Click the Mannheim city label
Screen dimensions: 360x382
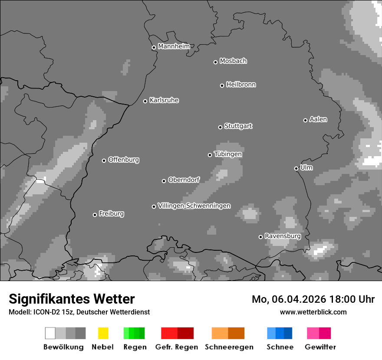pyautogui.click(x=174, y=46)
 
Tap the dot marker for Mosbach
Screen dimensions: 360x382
pyautogui.click(x=215, y=62)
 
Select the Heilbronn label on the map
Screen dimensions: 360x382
pyautogui.click(x=241, y=85)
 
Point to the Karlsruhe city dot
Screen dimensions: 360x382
pyautogui.click(x=145, y=101)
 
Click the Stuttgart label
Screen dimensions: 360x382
pyautogui.click(x=238, y=126)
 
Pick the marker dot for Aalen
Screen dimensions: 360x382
pyautogui.click(x=305, y=120)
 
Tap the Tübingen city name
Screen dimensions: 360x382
pyautogui.click(x=228, y=154)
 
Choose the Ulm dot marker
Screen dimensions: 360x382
pyautogui.click(x=296, y=168)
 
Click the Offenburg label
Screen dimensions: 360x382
pyautogui.click(x=124, y=160)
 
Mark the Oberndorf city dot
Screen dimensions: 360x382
pyautogui.click(x=164, y=181)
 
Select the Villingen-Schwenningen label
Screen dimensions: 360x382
pyautogui.click(x=194, y=206)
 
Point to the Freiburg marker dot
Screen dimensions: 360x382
pyautogui.click(x=95, y=215)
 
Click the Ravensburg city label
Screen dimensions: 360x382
pyautogui.click(x=283, y=236)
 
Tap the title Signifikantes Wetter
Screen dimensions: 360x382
pyautogui.click(x=72, y=299)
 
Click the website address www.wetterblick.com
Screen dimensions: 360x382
pyautogui.click(x=313, y=312)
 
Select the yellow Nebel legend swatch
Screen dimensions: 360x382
pyautogui.click(x=103, y=333)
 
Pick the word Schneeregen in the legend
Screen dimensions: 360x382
pyautogui.click(x=229, y=347)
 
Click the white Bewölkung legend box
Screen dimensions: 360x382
pyautogui.click(x=50, y=333)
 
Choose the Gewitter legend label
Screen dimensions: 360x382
pyautogui.click(x=320, y=347)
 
